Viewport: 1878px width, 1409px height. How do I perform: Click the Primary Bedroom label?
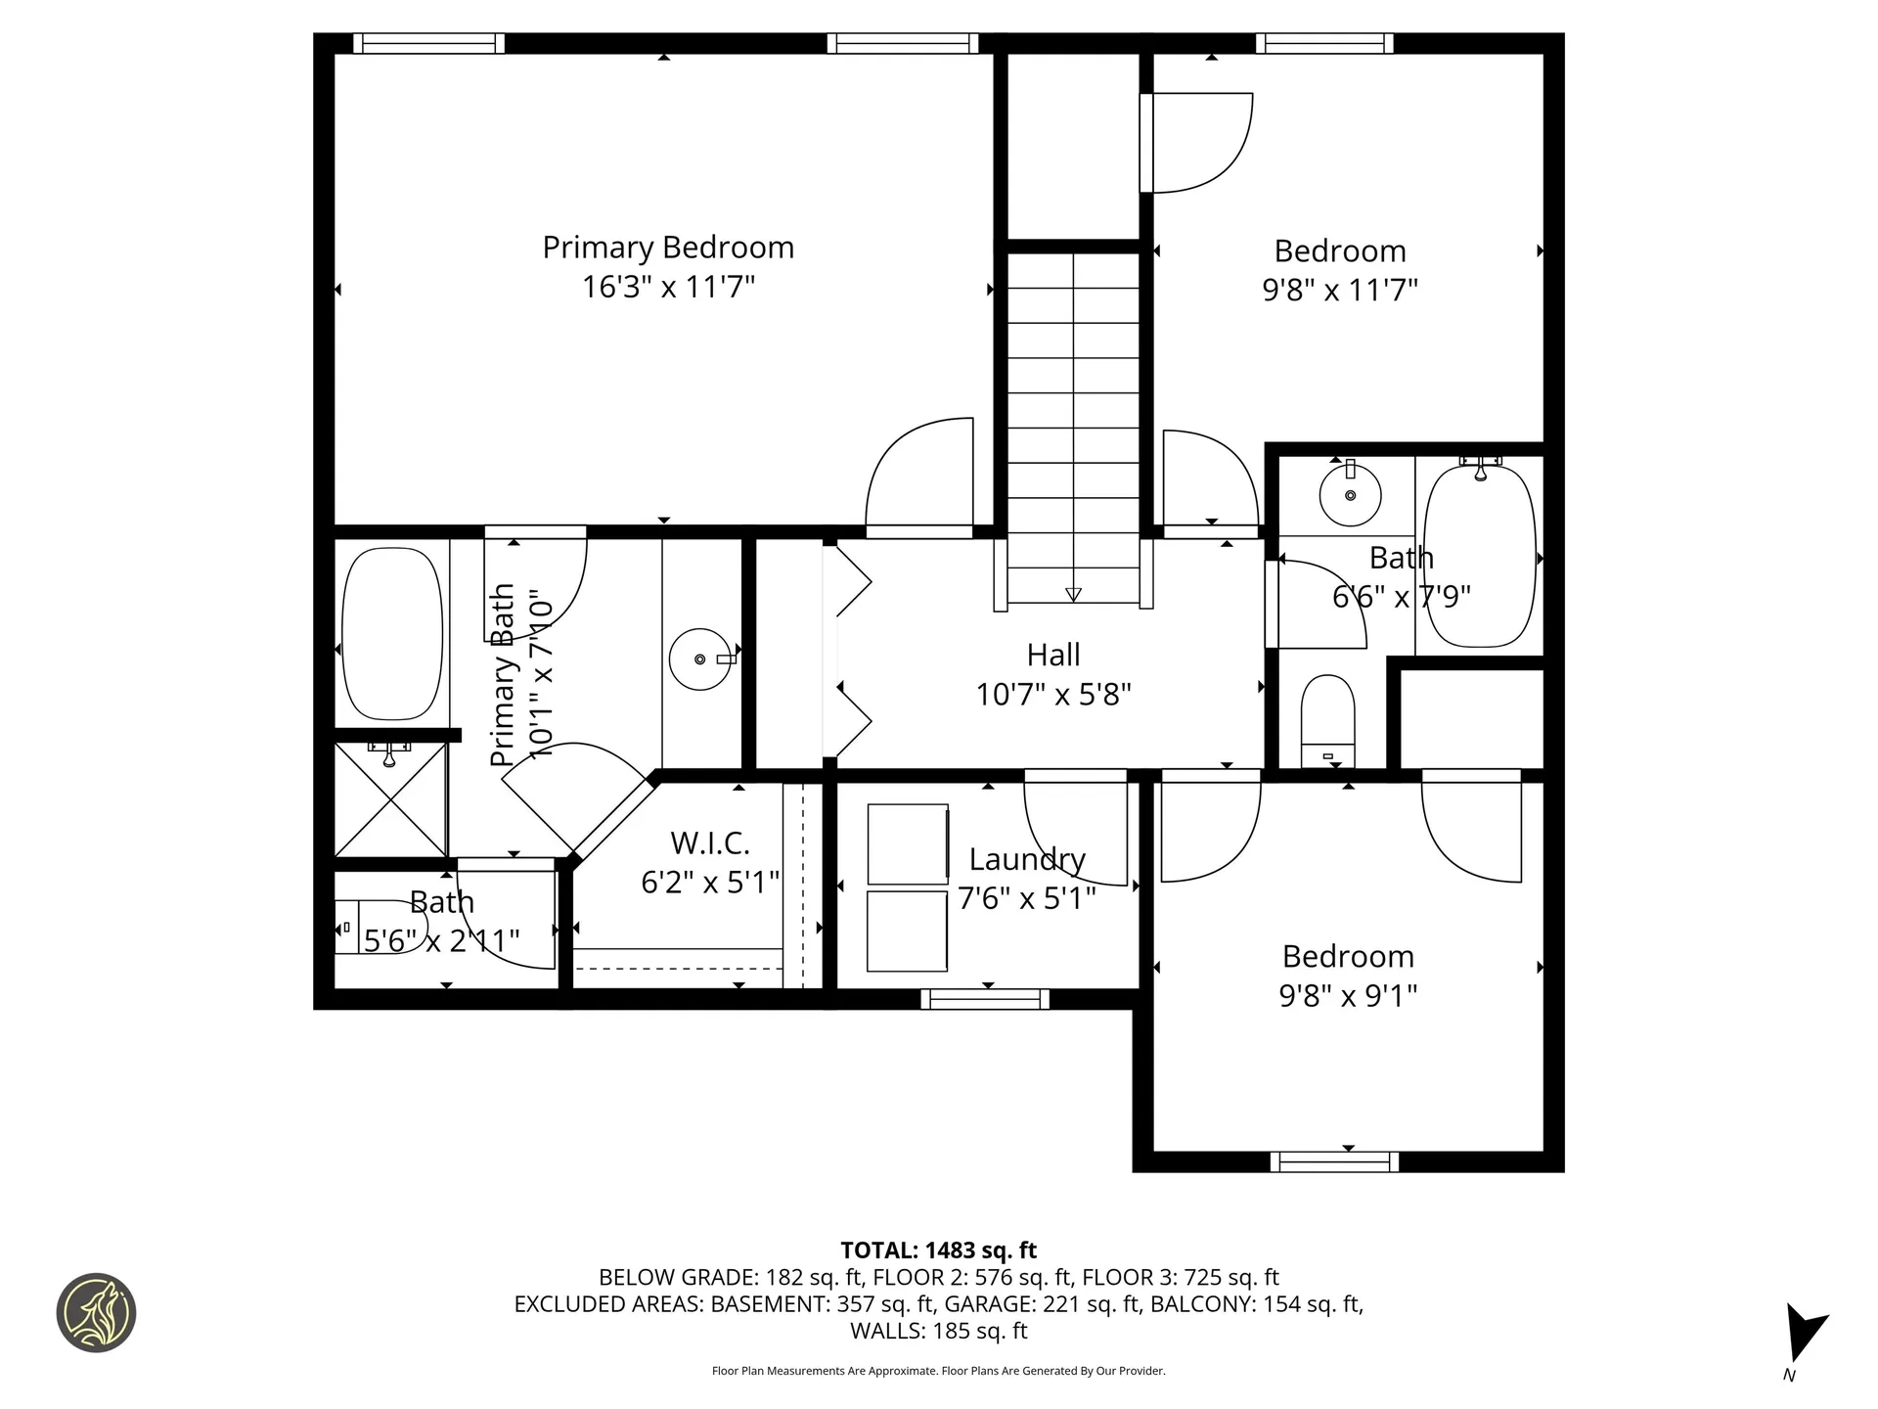(668, 248)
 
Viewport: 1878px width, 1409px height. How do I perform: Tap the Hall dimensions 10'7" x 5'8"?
(1053, 695)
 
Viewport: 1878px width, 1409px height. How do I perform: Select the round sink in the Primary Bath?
(700, 659)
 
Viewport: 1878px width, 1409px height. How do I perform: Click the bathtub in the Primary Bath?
(392, 633)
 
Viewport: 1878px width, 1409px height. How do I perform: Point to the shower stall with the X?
(391, 800)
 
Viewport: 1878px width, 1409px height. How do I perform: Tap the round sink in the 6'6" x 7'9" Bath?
(1350, 495)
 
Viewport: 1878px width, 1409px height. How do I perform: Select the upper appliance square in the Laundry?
(907, 844)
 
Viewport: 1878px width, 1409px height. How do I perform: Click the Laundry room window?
(985, 999)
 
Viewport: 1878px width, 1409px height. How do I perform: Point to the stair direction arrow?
(1073, 594)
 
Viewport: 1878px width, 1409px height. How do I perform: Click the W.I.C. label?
(710, 842)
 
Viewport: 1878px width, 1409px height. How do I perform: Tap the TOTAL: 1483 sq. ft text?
(938, 1250)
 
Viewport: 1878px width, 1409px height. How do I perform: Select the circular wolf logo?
(96, 1313)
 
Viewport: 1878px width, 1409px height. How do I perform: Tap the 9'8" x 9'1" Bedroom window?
(1334, 1161)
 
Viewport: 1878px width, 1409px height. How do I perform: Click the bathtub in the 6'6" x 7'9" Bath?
(1479, 556)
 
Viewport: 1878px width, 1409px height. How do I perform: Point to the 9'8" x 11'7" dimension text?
(1340, 291)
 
